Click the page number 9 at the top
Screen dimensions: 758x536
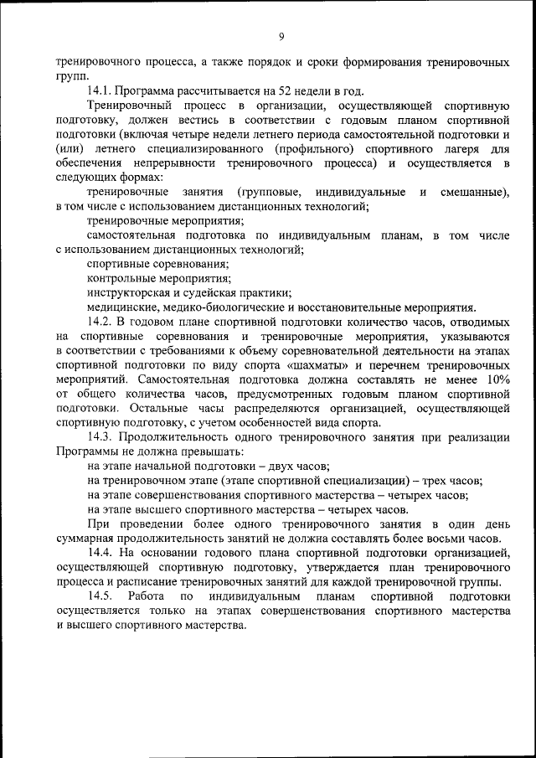click(x=281, y=36)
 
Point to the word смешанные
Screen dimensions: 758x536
click(x=474, y=192)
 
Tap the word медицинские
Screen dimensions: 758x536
click(x=124, y=307)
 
